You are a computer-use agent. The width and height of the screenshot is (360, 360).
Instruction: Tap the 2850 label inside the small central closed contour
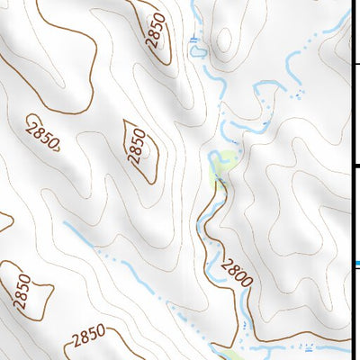click(x=138, y=144)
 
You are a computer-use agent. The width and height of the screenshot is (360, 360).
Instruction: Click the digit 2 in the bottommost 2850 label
click(x=76, y=342)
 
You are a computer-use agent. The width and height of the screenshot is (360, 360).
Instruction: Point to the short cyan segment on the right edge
click(x=355, y=263)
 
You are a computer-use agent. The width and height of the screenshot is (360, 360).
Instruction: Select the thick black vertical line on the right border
click(x=352, y=180)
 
